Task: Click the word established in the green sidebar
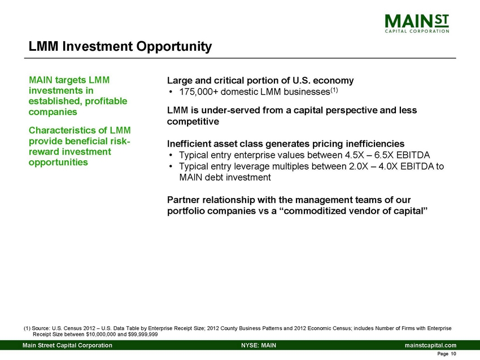coord(56,101)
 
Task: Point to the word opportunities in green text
coord(58,162)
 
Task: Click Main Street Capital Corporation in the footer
coord(67,345)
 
